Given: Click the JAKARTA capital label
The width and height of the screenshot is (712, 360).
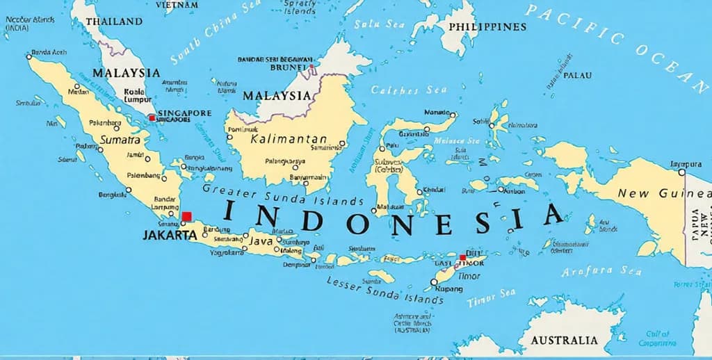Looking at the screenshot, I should [170, 235].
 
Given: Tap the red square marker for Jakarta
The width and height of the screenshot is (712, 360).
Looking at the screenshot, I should [186, 217].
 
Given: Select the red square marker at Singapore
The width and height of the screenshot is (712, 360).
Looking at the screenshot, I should [152, 118].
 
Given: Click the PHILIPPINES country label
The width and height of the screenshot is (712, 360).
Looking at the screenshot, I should [487, 27].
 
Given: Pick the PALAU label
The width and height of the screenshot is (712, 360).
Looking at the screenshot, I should [577, 75].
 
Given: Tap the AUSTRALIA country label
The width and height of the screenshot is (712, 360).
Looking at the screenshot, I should [564, 340].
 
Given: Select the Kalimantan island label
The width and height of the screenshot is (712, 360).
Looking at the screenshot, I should [288, 139].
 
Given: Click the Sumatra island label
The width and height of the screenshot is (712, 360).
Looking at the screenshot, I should [120, 140].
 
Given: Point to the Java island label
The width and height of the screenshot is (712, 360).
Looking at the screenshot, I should [261, 241].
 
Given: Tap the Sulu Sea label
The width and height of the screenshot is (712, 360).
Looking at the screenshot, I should [379, 24].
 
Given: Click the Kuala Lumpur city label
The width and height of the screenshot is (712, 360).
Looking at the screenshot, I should [133, 95].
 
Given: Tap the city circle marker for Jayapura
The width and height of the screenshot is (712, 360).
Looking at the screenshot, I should [681, 172].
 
